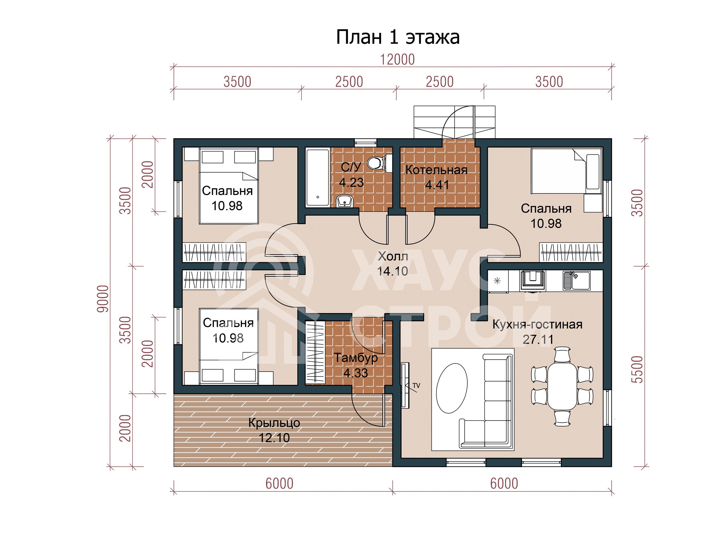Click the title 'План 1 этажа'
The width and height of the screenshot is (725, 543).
pyautogui.click(x=398, y=37)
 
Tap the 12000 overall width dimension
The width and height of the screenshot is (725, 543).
pyautogui.click(x=397, y=59)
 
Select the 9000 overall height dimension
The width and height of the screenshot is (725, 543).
pyautogui.click(x=103, y=299)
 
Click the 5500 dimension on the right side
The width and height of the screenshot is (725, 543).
pyautogui.click(x=637, y=370)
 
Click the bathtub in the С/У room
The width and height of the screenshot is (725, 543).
pyautogui.click(x=317, y=177)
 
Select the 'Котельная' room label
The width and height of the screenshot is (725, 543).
pyautogui.click(x=436, y=170)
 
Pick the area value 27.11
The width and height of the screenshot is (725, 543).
pyautogui.click(x=538, y=339)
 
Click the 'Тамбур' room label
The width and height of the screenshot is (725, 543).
pyautogui.click(x=356, y=358)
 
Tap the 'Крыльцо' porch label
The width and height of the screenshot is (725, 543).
pyautogui.click(x=274, y=423)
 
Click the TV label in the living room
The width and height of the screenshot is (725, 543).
pyautogui.click(x=416, y=386)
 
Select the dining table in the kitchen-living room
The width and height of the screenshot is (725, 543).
pyautogui.click(x=562, y=386)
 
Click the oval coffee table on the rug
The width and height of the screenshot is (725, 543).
pyautogui.click(x=452, y=388)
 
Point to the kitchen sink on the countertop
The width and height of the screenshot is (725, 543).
pyautogui.click(x=576, y=281)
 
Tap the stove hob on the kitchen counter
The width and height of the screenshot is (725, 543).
pyautogui.click(x=533, y=281)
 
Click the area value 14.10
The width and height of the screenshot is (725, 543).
pyautogui.click(x=392, y=271)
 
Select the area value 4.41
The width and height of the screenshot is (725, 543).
pyautogui.click(x=437, y=185)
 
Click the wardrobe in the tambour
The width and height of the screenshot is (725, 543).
pyautogui.click(x=315, y=352)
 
